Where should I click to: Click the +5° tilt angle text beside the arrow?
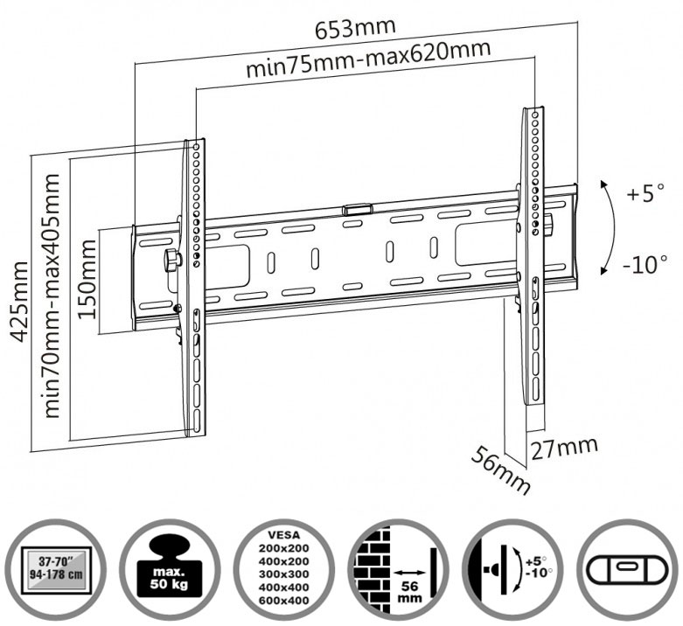click(645, 194)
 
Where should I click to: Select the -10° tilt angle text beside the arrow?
click(645, 264)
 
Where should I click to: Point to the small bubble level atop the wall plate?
click(356, 210)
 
